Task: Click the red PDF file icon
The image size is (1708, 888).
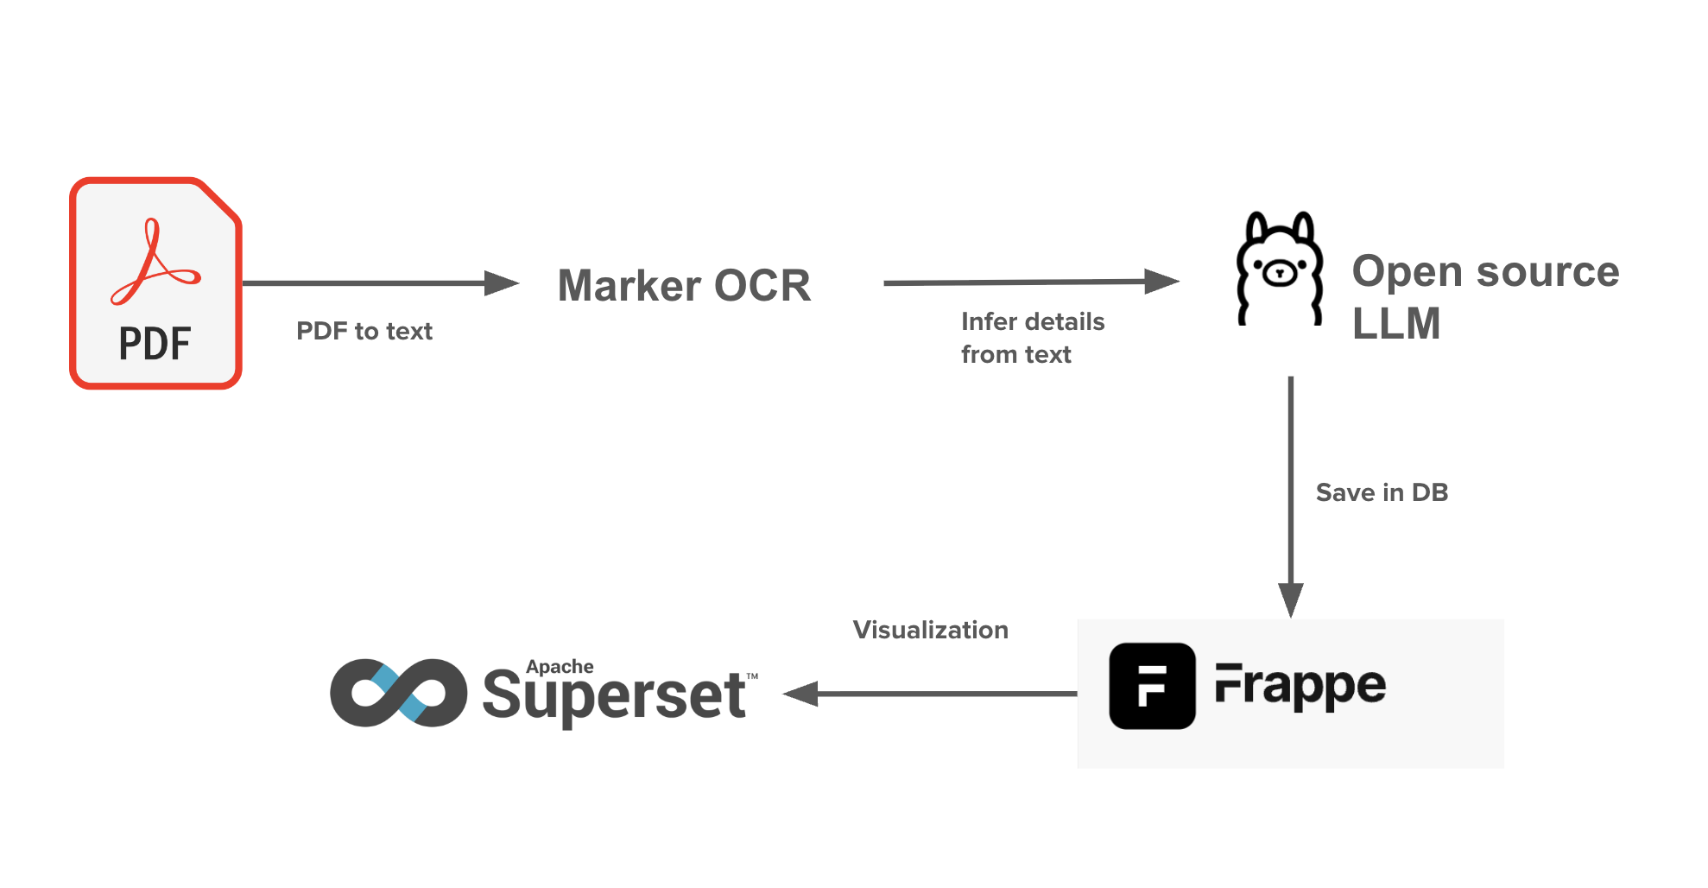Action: pos(155,283)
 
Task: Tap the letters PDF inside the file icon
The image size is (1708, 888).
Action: pos(155,344)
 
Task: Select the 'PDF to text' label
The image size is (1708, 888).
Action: pos(364,332)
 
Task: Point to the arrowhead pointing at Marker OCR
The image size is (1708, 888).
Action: pos(502,283)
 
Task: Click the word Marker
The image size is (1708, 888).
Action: pos(629,286)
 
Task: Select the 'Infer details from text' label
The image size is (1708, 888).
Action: pos(1032,338)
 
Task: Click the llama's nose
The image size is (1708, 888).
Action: pos(1280,273)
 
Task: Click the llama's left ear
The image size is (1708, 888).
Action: pos(1257,228)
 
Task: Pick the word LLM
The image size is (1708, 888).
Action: pos(1395,324)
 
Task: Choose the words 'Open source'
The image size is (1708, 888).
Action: pos(1485,271)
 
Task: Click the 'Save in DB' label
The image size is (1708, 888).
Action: pos(1382,492)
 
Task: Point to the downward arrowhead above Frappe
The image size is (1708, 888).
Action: pos(1291,599)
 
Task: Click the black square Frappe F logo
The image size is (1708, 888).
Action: pos(1152,686)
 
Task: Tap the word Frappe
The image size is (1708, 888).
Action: pos(1300,686)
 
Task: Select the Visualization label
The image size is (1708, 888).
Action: pos(930,630)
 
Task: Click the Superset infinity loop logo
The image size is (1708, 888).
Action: pos(398,693)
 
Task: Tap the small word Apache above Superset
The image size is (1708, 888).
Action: pos(560,667)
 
